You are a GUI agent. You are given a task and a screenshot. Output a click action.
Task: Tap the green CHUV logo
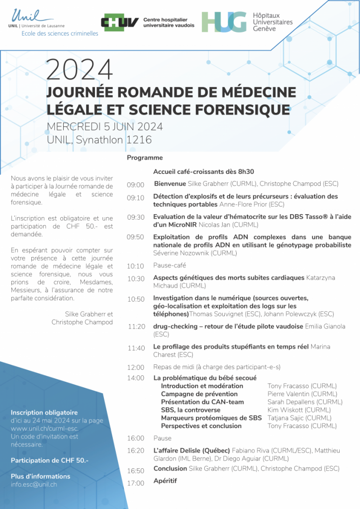click(119, 22)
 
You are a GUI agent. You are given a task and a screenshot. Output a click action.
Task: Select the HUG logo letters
click(224, 22)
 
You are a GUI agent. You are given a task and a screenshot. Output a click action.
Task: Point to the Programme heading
click(145, 158)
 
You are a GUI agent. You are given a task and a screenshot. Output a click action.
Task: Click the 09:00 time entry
click(135, 185)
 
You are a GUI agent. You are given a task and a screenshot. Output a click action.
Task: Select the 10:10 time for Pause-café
click(135, 266)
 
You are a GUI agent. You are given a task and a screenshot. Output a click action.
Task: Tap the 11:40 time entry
click(136, 348)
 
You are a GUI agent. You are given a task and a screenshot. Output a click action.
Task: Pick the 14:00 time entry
click(135, 378)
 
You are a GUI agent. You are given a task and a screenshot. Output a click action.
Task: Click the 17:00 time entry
click(135, 483)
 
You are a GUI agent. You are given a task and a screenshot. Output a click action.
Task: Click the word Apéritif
click(165, 481)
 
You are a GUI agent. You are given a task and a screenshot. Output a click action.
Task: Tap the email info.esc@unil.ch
click(34, 484)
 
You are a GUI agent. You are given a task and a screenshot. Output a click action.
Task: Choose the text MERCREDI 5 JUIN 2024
click(104, 127)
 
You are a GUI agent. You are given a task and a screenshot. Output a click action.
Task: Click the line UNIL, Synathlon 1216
click(99, 140)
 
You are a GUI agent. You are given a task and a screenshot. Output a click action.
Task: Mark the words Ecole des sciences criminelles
click(60, 33)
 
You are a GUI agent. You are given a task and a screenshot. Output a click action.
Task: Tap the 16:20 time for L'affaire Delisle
click(135, 450)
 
